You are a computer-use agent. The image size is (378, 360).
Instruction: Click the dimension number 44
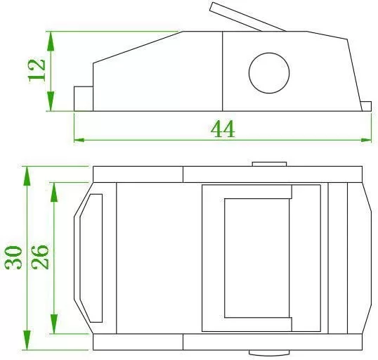pyautogui.click(x=223, y=129)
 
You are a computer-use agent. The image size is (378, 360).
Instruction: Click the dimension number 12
pyautogui.click(x=37, y=70)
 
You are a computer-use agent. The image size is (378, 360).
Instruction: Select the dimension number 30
pyautogui.click(x=13, y=257)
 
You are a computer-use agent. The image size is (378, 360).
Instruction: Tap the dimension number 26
pyautogui.click(x=40, y=257)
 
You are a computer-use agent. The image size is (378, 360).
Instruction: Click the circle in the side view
pyautogui.click(x=269, y=73)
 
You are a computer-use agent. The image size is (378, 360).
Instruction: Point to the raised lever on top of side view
pyautogui.click(x=247, y=17)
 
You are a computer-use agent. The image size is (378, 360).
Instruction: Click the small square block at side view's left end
pyautogui.click(x=84, y=98)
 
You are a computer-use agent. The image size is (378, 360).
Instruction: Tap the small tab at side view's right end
pyautogui.click(x=367, y=106)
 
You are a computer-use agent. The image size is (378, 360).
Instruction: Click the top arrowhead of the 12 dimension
pyautogui.click(x=51, y=41)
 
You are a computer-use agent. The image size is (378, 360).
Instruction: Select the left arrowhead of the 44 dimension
pyautogui.click(x=79, y=140)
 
